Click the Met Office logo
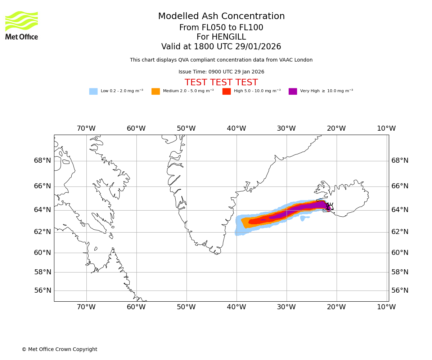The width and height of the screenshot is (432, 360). (22, 25)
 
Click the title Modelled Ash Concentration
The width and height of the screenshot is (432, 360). (221, 17)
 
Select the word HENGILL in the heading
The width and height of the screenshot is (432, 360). (229, 37)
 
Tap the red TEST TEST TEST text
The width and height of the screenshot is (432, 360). (221, 82)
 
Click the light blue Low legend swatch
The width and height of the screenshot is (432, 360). (93, 91)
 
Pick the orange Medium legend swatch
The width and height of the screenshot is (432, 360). (156, 91)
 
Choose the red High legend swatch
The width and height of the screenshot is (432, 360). (226, 91)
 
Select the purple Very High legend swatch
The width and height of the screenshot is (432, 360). (293, 91)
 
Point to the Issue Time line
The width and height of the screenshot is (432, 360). (221, 72)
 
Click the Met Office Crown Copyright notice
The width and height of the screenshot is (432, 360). (59, 350)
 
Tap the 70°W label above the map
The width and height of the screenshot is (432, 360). (86, 129)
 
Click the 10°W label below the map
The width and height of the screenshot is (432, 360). (386, 307)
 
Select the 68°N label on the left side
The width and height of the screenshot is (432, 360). (42, 161)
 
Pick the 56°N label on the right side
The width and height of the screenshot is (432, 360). (400, 291)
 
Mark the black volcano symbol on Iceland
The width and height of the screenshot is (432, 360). (330, 207)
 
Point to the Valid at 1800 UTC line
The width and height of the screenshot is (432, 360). (221, 47)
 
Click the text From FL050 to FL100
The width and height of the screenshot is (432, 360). (221, 28)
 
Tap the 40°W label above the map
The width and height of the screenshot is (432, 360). (236, 129)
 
